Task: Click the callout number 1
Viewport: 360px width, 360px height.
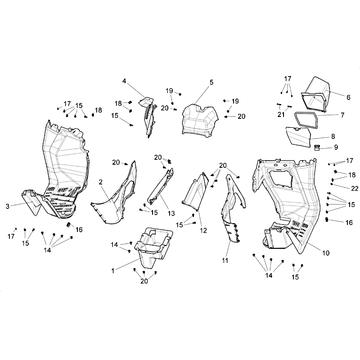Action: point(113,271)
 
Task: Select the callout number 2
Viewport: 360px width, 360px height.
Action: point(100,182)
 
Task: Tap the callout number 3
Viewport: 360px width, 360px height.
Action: point(8,206)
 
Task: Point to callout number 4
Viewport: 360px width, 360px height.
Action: point(124,81)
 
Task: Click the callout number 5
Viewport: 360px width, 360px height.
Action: point(211,82)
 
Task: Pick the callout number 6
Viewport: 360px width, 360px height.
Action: point(348,97)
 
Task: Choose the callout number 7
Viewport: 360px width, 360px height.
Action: point(342,115)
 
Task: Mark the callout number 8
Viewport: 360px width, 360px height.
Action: point(333,137)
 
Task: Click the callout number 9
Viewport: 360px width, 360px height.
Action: point(336,147)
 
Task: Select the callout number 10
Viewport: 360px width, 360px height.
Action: point(326,253)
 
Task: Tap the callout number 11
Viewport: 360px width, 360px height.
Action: point(225,261)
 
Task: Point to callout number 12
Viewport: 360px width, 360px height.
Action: point(203,230)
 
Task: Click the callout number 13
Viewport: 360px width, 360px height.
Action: point(171,213)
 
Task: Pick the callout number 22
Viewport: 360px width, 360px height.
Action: point(355,189)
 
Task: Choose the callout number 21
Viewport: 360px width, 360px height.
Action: point(281,114)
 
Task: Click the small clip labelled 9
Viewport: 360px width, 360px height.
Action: point(317,148)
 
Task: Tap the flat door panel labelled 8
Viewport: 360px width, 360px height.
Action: point(298,137)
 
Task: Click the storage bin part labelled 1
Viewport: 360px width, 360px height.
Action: point(154,247)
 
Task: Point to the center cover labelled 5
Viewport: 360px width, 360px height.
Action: point(200,121)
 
